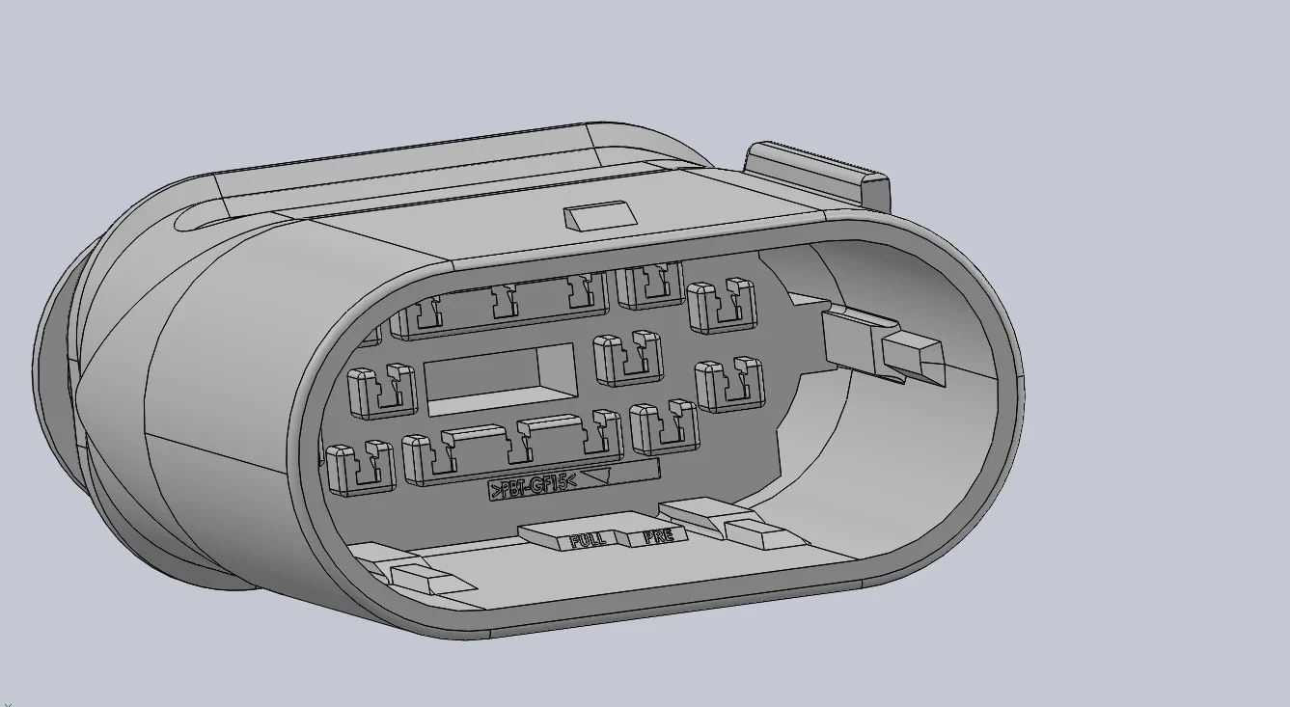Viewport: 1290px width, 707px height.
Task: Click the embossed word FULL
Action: [x=588, y=540]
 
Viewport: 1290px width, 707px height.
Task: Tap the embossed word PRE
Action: [x=659, y=536]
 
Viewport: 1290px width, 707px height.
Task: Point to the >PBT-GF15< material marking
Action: [x=534, y=486]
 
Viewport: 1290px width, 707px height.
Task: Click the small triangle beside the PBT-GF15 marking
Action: [x=596, y=476]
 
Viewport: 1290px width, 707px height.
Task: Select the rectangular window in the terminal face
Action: [x=500, y=379]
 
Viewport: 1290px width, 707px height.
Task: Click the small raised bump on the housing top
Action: [x=601, y=216]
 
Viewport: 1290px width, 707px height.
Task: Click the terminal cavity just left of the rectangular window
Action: [x=382, y=391]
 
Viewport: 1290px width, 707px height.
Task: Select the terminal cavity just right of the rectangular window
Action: [x=628, y=358]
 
